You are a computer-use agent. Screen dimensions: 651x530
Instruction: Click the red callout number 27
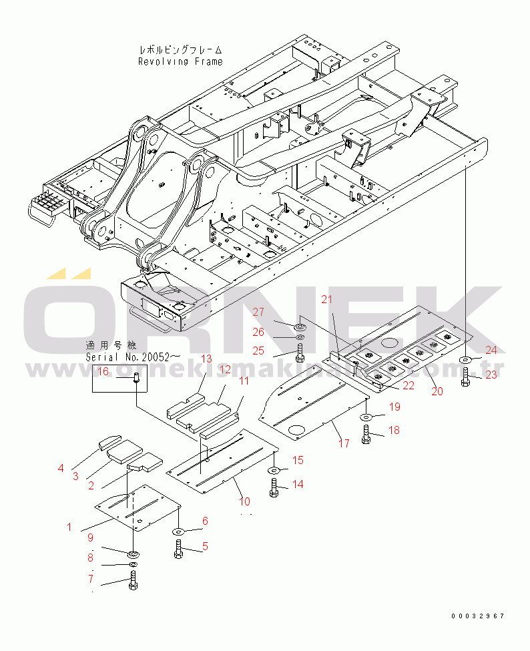258,312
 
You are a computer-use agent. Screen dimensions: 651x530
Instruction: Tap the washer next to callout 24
465,361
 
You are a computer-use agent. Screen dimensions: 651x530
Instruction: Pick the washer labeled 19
367,417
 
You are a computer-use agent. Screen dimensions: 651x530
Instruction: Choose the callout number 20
437,391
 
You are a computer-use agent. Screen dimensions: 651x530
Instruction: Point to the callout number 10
245,501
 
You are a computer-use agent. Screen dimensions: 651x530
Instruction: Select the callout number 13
206,359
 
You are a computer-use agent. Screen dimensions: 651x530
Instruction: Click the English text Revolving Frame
180,61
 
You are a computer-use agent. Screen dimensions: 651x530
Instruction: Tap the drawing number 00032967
477,616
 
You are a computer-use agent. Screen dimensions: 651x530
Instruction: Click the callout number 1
69,527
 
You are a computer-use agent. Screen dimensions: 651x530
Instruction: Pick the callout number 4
61,468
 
